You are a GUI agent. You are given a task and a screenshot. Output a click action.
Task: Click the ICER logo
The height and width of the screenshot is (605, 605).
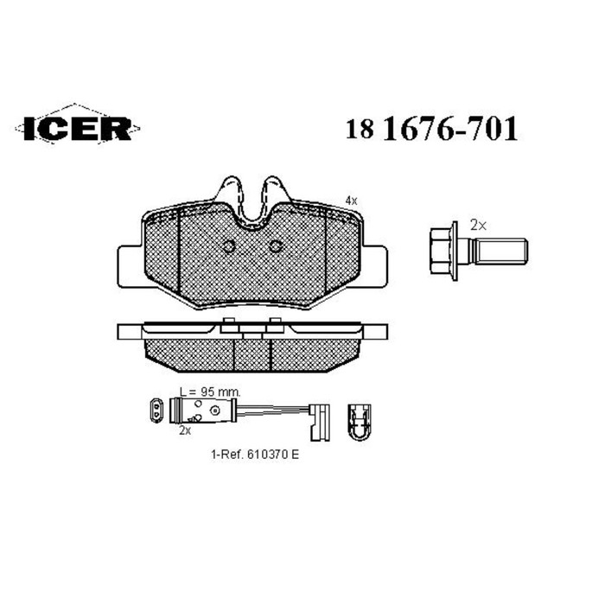coord(73,128)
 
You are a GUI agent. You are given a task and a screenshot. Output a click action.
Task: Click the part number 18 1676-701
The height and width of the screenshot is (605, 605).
coord(432,129)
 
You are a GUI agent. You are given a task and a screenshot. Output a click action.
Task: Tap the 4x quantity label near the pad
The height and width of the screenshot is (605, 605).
coord(350,200)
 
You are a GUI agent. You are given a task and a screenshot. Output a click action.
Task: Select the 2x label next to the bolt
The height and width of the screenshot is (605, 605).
coord(478,224)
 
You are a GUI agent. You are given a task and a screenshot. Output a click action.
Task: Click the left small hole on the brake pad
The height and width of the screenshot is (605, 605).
coord(230,245)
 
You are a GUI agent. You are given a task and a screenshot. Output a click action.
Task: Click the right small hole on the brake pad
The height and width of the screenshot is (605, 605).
coord(276,245)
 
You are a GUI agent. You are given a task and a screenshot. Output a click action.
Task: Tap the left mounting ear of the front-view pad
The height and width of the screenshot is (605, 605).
coord(127,260)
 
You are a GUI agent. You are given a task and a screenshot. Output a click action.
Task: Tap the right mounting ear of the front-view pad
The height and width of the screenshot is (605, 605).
coord(378,260)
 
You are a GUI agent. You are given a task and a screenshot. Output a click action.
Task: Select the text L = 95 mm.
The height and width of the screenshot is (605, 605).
coord(207,391)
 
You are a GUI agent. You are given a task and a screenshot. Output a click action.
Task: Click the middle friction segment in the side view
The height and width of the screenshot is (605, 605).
coord(253,351)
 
